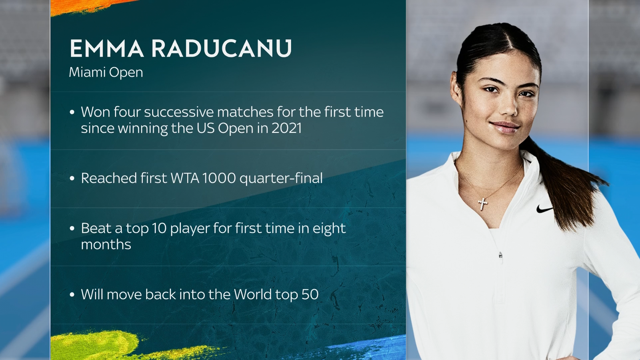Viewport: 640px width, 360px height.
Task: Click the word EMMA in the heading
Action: (x=106, y=49)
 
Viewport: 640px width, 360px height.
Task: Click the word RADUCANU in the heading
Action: (x=221, y=49)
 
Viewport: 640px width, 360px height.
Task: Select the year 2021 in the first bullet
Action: (x=286, y=128)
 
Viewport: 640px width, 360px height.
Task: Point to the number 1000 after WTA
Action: (x=219, y=178)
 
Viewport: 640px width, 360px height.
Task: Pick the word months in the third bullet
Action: (x=106, y=244)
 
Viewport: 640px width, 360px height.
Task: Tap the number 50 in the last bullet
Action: (x=310, y=294)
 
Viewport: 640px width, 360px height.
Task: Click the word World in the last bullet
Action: (x=252, y=294)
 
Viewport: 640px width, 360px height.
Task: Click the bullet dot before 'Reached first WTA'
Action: (x=72, y=178)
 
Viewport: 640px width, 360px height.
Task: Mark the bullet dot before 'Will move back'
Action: (x=72, y=295)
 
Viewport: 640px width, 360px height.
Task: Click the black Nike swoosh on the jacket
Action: (x=544, y=209)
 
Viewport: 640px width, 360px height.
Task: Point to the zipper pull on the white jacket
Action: (x=500, y=255)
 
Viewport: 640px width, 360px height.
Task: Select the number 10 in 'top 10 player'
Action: (x=159, y=228)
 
